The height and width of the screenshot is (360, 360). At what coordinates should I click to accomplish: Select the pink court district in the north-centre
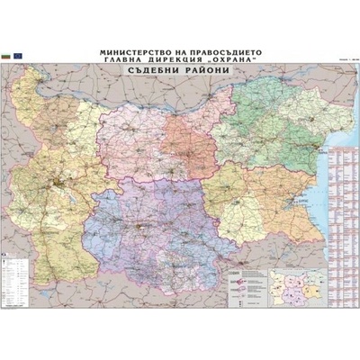(180, 135)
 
